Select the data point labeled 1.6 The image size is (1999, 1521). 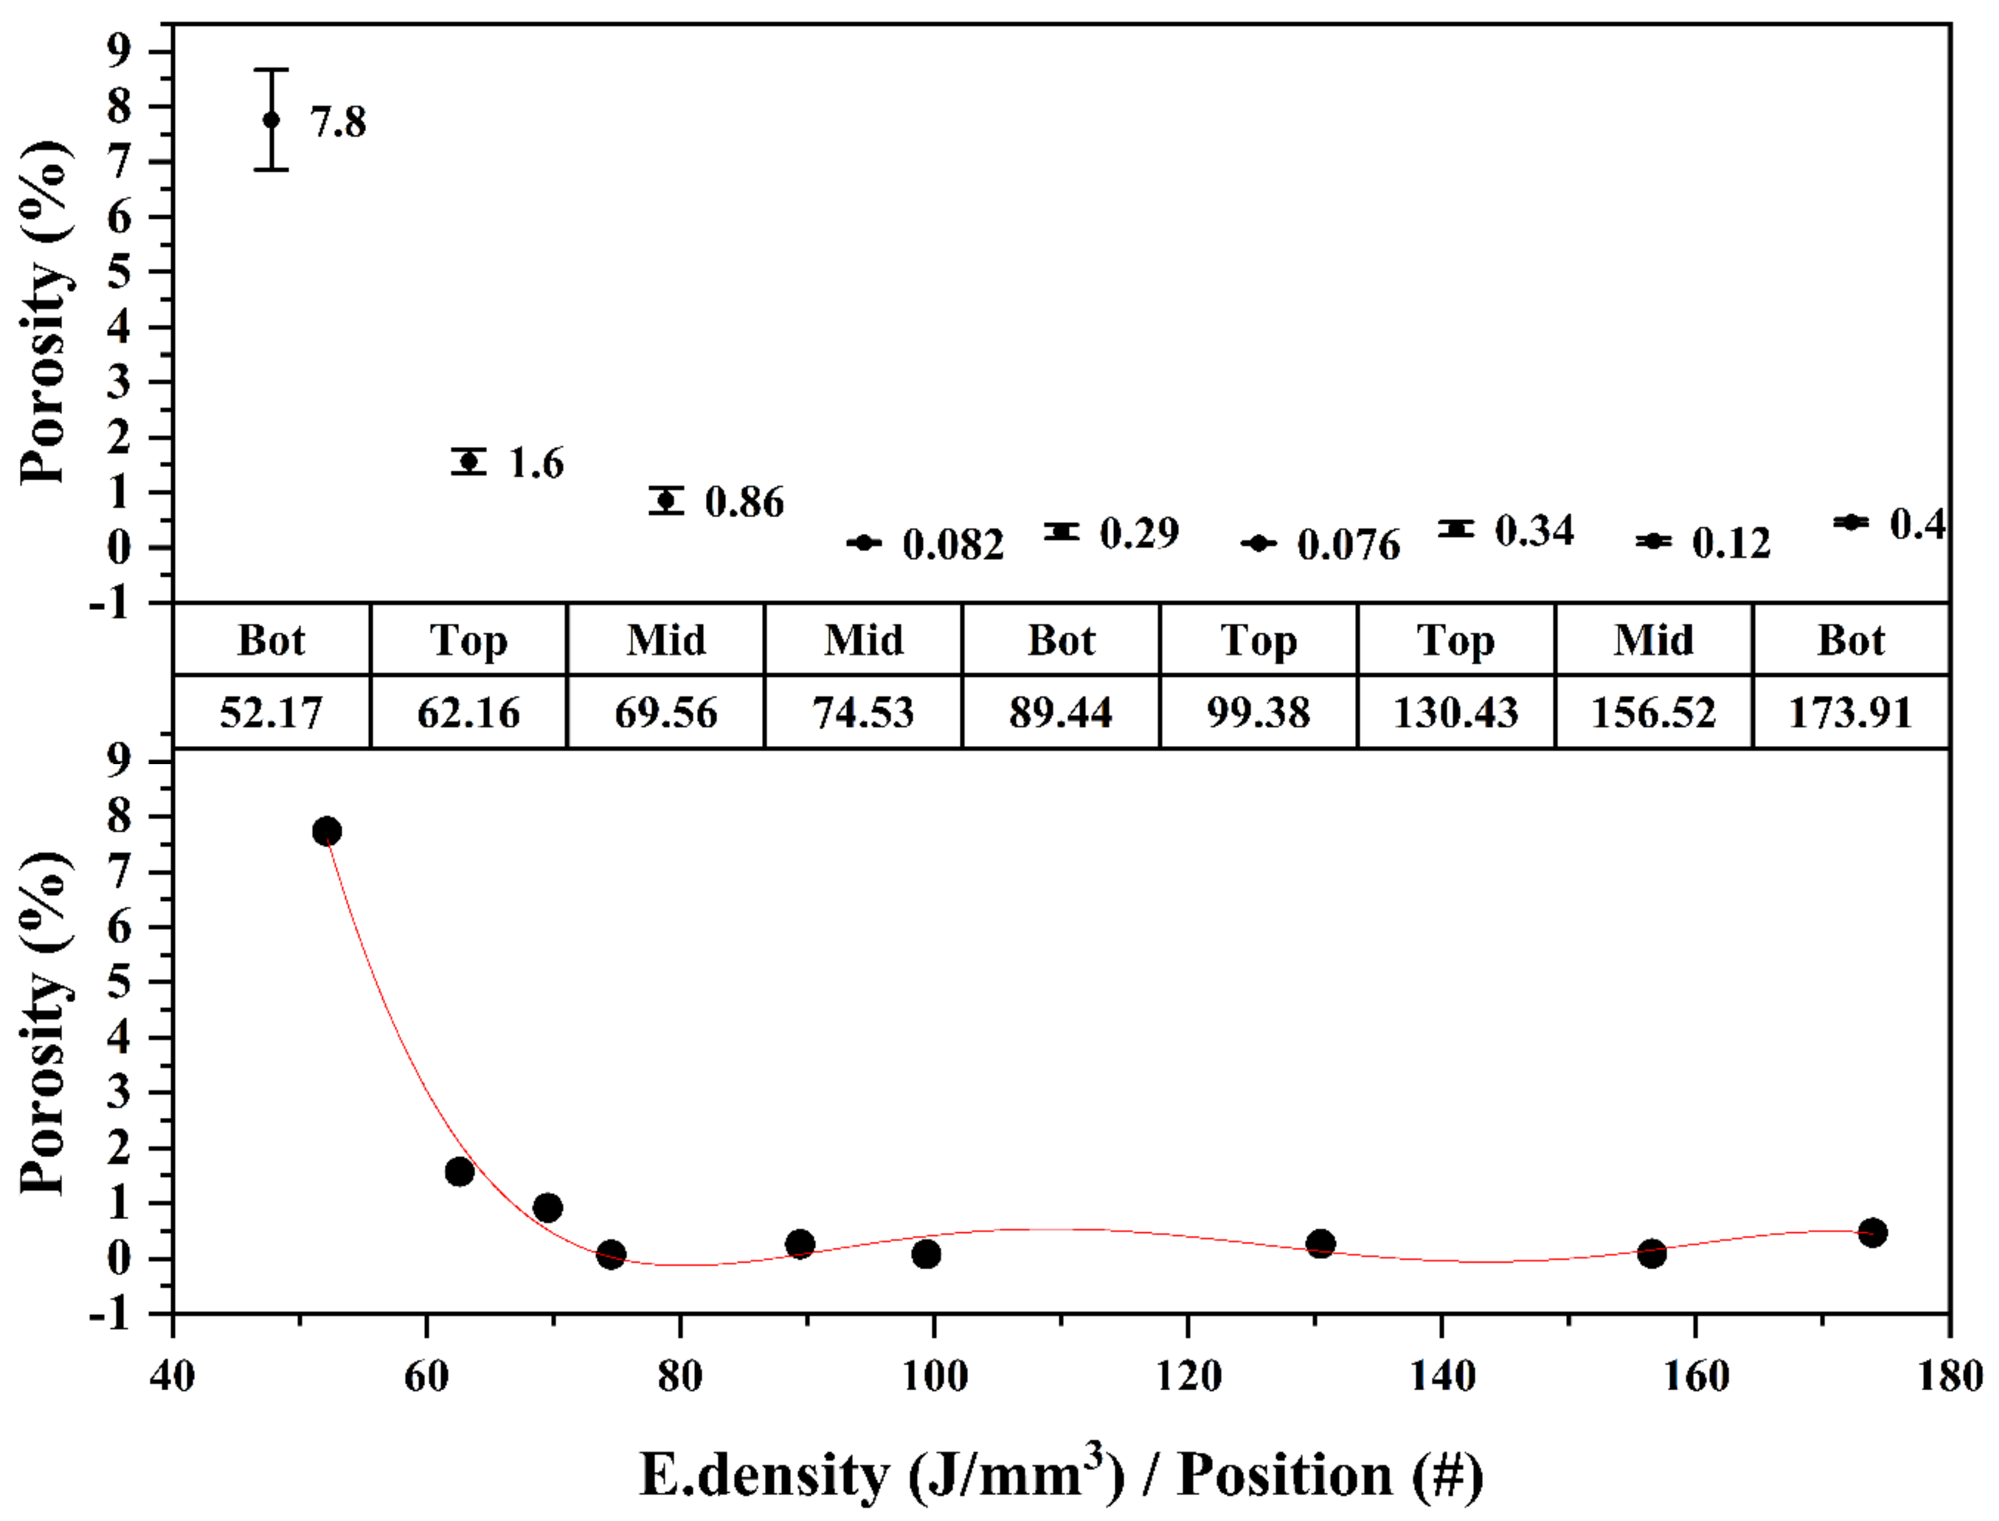pos(469,462)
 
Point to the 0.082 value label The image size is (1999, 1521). pos(953,545)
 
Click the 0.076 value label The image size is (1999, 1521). pos(1348,545)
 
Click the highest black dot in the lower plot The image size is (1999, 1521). pos(327,831)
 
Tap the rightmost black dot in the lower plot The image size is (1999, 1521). pos(1873,1232)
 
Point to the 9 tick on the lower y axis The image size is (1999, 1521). pos(119,759)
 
